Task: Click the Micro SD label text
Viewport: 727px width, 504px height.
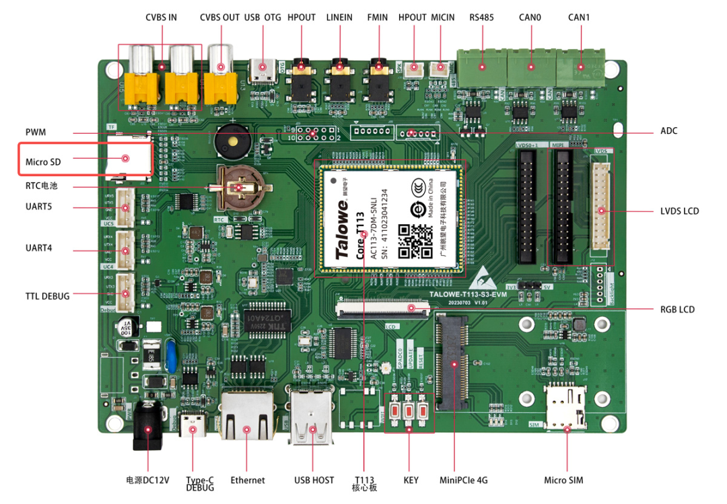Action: (43, 162)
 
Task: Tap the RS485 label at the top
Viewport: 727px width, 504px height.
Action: (481, 17)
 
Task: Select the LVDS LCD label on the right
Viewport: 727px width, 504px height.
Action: (679, 211)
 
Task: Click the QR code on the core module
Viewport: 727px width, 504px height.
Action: (415, 241)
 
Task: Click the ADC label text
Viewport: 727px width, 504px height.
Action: (668, 131)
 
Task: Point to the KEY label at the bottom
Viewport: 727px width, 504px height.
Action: (411, 480)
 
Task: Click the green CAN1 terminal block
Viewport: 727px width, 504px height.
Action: (581, 66)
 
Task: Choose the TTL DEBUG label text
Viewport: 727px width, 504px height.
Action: (48, 296)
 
